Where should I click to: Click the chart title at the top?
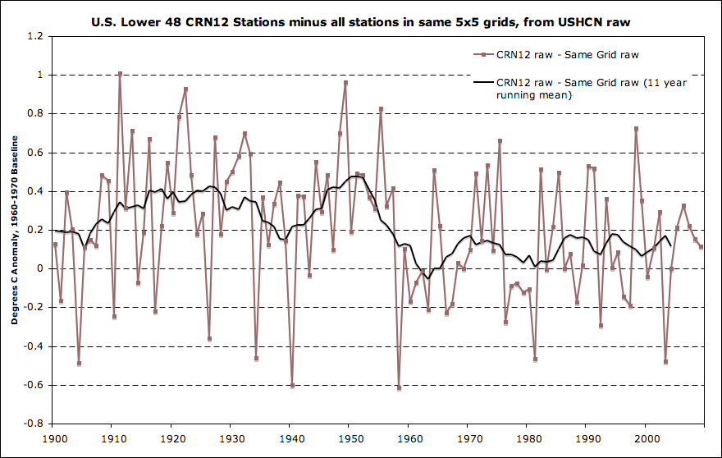coord(360,20)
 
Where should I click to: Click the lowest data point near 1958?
coord(399,387)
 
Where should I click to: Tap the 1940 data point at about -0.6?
coord(292,385)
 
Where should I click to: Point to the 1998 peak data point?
coord(636,129)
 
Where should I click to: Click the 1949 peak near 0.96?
coord(345,83)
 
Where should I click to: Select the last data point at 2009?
coord(701,246)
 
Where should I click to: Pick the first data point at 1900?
coord(55,245)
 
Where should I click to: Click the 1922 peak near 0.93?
coord(185,89)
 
